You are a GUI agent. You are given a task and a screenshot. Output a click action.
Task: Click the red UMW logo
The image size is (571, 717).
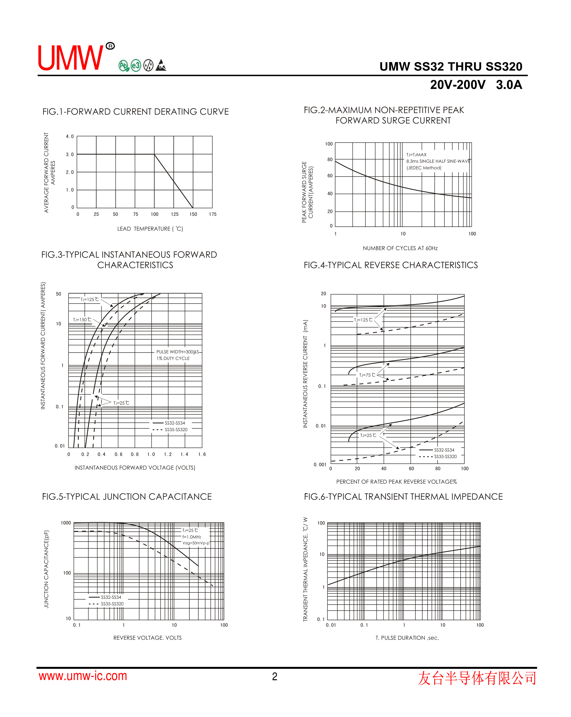tap(71, 58)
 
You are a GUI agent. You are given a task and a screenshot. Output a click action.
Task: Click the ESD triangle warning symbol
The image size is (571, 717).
tap(161, 65)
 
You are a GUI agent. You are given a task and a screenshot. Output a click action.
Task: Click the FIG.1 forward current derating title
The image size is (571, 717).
tap(135, 112)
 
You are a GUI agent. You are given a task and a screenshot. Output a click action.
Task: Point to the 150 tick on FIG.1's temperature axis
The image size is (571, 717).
tap(193, 214)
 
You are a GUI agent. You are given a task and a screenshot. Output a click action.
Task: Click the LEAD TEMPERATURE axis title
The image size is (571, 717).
tap(150, 229)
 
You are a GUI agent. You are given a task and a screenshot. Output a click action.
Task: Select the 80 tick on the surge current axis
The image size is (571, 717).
tap(330, 160)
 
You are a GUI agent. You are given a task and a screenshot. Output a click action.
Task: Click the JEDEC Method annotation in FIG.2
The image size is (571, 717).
tap(424, 168)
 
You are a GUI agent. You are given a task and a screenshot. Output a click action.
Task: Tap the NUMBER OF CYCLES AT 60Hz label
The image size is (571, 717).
tap(400, 248)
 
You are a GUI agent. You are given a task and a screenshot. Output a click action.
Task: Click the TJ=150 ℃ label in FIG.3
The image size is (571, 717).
tap(82, 320)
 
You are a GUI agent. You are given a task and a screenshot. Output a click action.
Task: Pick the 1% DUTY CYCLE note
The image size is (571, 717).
tap(173, 358)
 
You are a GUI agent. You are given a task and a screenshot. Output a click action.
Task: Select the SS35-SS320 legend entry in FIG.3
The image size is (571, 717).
tap(176, 430)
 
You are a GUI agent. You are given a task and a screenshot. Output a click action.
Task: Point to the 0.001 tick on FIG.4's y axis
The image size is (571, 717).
tap(320, 465)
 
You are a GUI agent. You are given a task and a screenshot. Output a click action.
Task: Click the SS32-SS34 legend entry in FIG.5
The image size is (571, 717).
tap(111, 597)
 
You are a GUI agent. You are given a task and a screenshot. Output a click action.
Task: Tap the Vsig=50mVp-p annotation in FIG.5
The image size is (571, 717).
tap(196, 543)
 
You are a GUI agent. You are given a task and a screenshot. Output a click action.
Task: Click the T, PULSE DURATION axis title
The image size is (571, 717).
tap(407, 638)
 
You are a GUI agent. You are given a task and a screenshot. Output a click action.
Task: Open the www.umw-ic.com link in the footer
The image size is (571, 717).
tap(83, 676)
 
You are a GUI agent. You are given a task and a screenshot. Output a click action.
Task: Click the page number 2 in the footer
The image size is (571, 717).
tap(274, 676)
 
